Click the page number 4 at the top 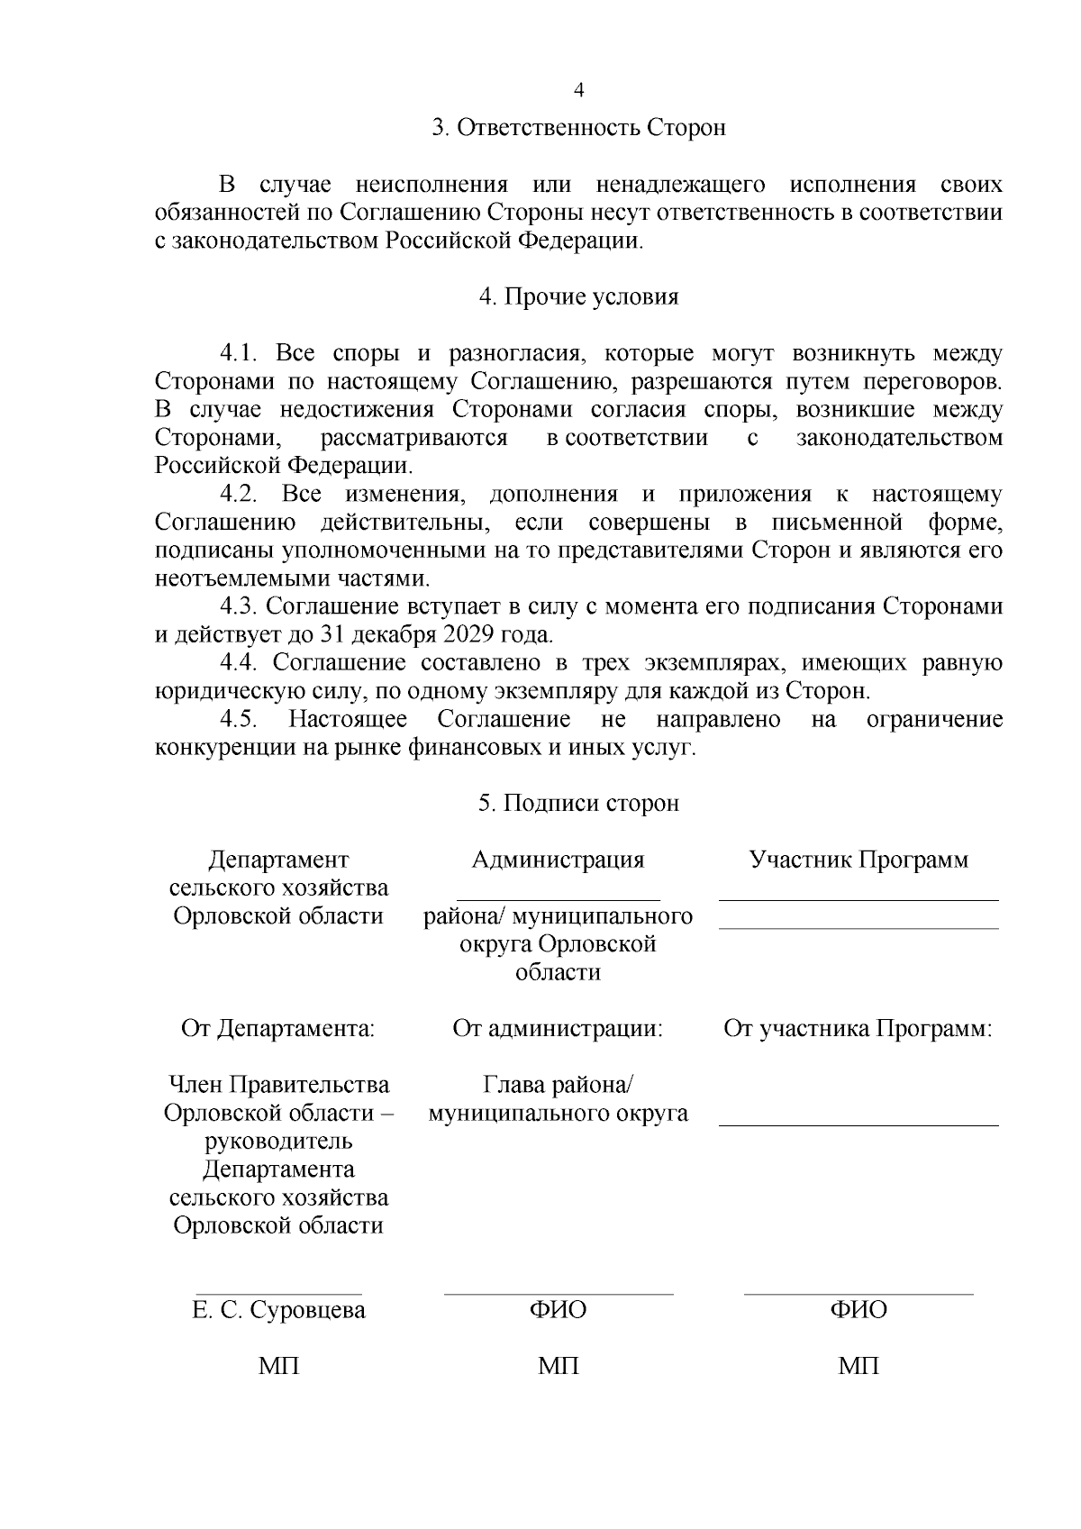579,90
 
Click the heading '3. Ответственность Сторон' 578,128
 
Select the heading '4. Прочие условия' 578,297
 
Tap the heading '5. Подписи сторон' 578,803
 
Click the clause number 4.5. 240,719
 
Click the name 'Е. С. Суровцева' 279,1309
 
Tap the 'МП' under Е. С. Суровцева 279,1366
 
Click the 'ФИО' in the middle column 558,1309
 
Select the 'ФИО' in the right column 858,1309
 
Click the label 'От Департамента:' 278,1028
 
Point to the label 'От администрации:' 558,1028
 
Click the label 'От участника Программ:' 858,1028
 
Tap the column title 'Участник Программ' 858,860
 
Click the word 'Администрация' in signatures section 558,860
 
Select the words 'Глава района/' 558,1085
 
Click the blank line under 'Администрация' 558,898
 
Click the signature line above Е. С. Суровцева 279,1294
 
